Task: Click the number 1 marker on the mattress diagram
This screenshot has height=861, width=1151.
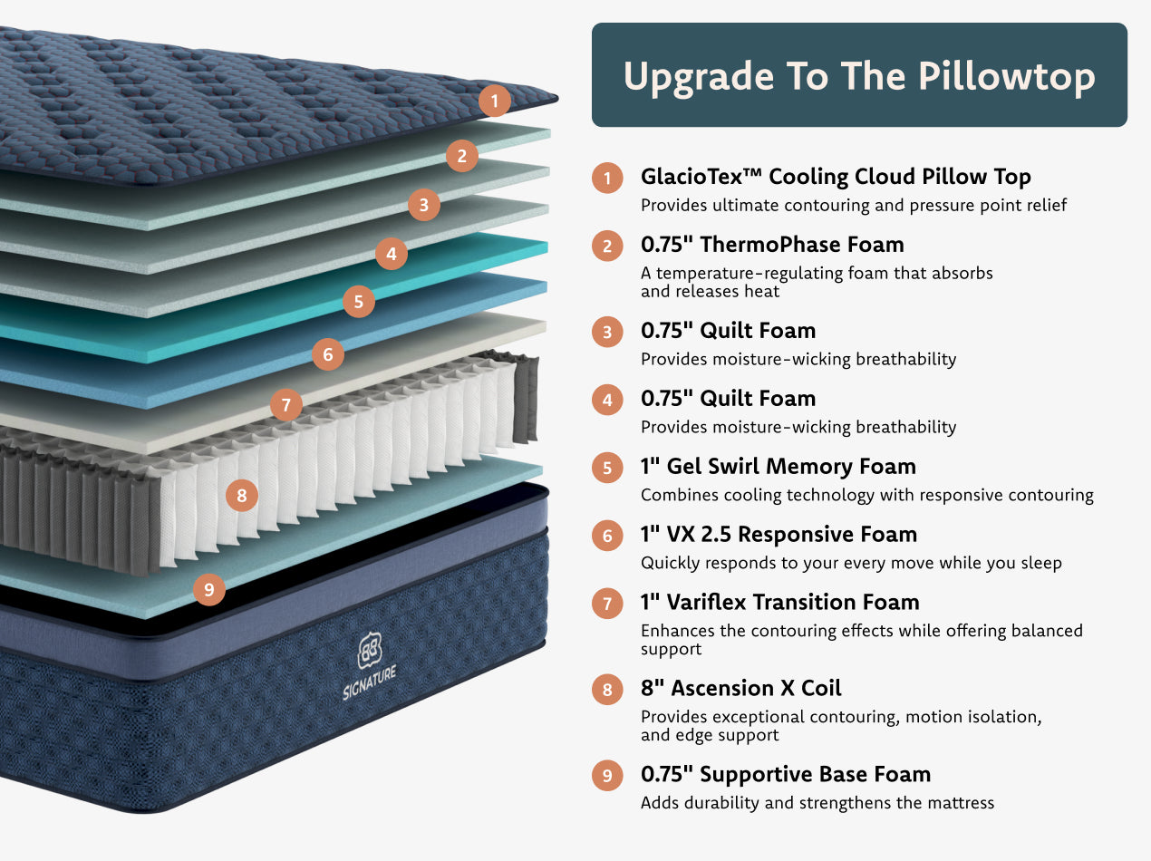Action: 495,101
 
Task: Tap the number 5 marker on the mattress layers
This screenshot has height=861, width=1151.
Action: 359,302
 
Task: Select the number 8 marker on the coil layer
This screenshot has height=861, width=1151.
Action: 242,496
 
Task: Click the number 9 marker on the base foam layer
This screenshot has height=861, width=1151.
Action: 209,590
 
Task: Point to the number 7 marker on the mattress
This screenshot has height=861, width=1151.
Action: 286,405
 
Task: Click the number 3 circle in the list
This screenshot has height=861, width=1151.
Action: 607,332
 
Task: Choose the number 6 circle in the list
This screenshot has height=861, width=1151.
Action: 607,536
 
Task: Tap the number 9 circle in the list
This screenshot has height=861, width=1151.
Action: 607,776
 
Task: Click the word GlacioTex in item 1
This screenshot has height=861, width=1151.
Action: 692,176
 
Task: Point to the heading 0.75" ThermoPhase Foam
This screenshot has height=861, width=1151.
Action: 772,245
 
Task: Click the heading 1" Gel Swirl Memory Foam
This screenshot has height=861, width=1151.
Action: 779,466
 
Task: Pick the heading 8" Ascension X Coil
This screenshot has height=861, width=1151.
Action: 741,688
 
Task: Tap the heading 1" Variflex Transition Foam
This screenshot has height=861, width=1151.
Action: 780,602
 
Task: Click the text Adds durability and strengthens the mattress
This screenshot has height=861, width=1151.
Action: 817,803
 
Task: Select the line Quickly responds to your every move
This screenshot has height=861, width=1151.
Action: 851,563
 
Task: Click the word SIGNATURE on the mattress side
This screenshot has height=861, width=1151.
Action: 370,683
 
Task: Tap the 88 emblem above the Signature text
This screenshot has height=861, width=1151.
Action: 370,650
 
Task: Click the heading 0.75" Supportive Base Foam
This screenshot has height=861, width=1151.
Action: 786,775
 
